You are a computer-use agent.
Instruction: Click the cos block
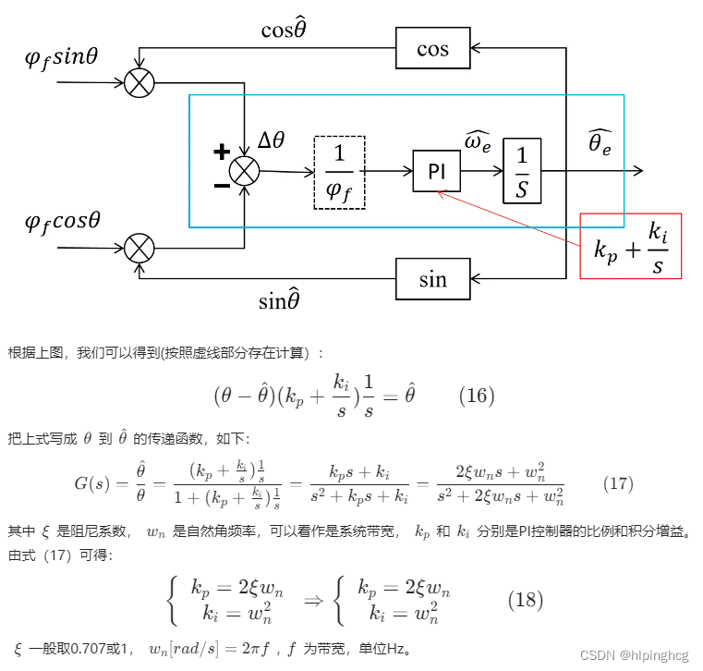point(432,48)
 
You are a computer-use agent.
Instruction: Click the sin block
point(432,279)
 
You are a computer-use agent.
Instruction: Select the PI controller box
point(436,172)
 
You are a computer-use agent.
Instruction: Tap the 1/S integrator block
point(522,171)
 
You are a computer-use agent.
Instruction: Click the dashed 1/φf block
point(339,171)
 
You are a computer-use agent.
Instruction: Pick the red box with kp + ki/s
point(630,246)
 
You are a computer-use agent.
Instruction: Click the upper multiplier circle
point(139,82)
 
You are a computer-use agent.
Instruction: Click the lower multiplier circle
point(139,248)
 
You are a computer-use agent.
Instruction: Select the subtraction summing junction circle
point(245,171)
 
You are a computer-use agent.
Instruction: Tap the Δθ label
point(272,140)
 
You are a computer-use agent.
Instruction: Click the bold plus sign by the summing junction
point(222,152)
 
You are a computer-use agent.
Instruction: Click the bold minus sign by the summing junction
point(222,186)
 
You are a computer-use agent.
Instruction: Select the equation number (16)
point(477,396)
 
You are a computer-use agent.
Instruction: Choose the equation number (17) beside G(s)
point(617,483)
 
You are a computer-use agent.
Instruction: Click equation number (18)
point(526,599)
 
